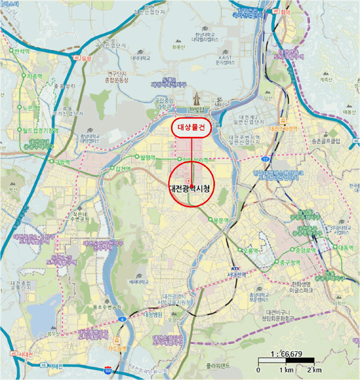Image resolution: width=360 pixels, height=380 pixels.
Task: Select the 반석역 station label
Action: (22, 50)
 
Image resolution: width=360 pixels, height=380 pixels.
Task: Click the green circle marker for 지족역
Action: (23, 77)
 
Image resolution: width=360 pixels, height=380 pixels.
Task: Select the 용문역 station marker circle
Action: (210, 219)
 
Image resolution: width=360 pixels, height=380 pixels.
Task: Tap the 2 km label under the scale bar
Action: (314, 370)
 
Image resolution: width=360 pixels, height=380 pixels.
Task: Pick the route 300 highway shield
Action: (108, 370)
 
